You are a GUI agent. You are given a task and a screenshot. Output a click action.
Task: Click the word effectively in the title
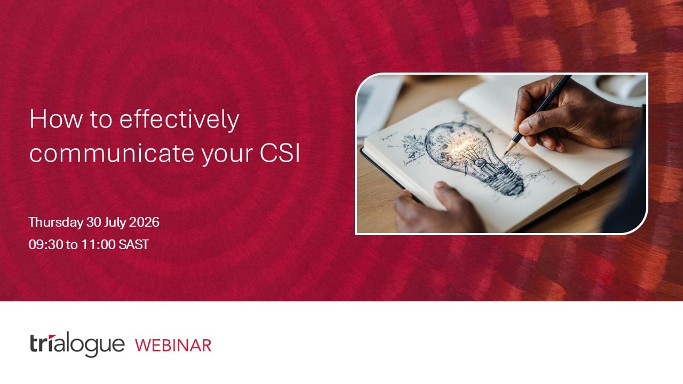point(179,120)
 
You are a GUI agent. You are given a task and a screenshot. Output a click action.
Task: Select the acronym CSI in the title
point(280,153)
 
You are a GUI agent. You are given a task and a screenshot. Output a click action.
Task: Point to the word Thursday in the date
point(56,222)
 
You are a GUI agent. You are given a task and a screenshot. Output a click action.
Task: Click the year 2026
point(144,222)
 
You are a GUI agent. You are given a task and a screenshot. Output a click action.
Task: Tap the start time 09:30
point(45,245)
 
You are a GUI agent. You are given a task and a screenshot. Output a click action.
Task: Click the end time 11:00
point(98,245)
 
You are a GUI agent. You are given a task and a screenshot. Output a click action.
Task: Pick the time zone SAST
point(133,245)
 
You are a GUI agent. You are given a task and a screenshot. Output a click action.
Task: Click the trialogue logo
point(77,345)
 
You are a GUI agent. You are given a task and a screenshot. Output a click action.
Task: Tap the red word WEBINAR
point(173,345)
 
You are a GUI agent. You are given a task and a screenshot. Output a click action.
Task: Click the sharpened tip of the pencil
point(506,153)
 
